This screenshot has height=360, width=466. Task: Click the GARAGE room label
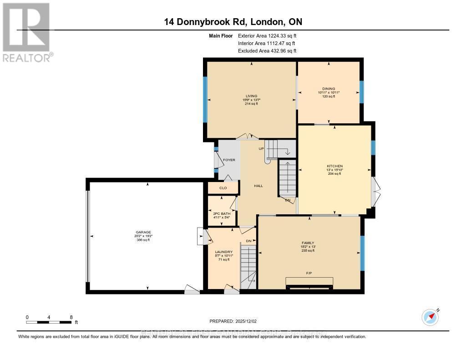point(146,232)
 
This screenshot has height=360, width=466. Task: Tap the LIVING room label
point(251,96)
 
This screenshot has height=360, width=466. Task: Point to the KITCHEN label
point(334,166)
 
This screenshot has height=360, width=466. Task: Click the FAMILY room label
point(308,243)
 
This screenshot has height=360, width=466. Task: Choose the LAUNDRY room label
point(224,252)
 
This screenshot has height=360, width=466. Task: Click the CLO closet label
point(223,188)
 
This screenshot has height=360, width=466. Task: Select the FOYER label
point(229,160)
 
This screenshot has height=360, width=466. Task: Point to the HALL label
point(259,186)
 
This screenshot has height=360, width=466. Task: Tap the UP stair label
point(262,149)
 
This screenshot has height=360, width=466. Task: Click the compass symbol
point(430,317)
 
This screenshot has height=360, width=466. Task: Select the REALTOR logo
point(27,32)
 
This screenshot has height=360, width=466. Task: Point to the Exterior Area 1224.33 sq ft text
point(267,35)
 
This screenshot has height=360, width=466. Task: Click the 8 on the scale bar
point(71,317)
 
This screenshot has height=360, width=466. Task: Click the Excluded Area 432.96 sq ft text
point(267,51)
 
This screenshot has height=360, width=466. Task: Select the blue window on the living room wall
point(205,100)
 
